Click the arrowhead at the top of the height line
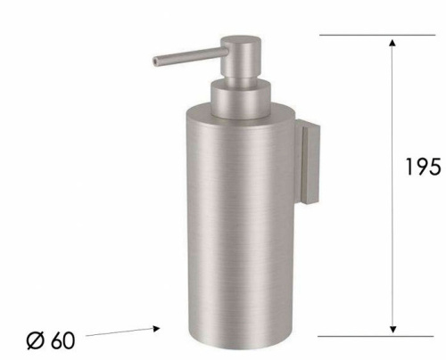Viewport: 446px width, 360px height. point(391,43)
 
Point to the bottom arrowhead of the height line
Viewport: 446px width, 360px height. point(391,329)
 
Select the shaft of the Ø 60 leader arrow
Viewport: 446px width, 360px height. point(120,334)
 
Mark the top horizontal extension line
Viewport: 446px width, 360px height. point(357,35)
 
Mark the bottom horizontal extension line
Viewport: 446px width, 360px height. point(357,337)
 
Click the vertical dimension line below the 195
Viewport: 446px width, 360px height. point(391,258)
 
